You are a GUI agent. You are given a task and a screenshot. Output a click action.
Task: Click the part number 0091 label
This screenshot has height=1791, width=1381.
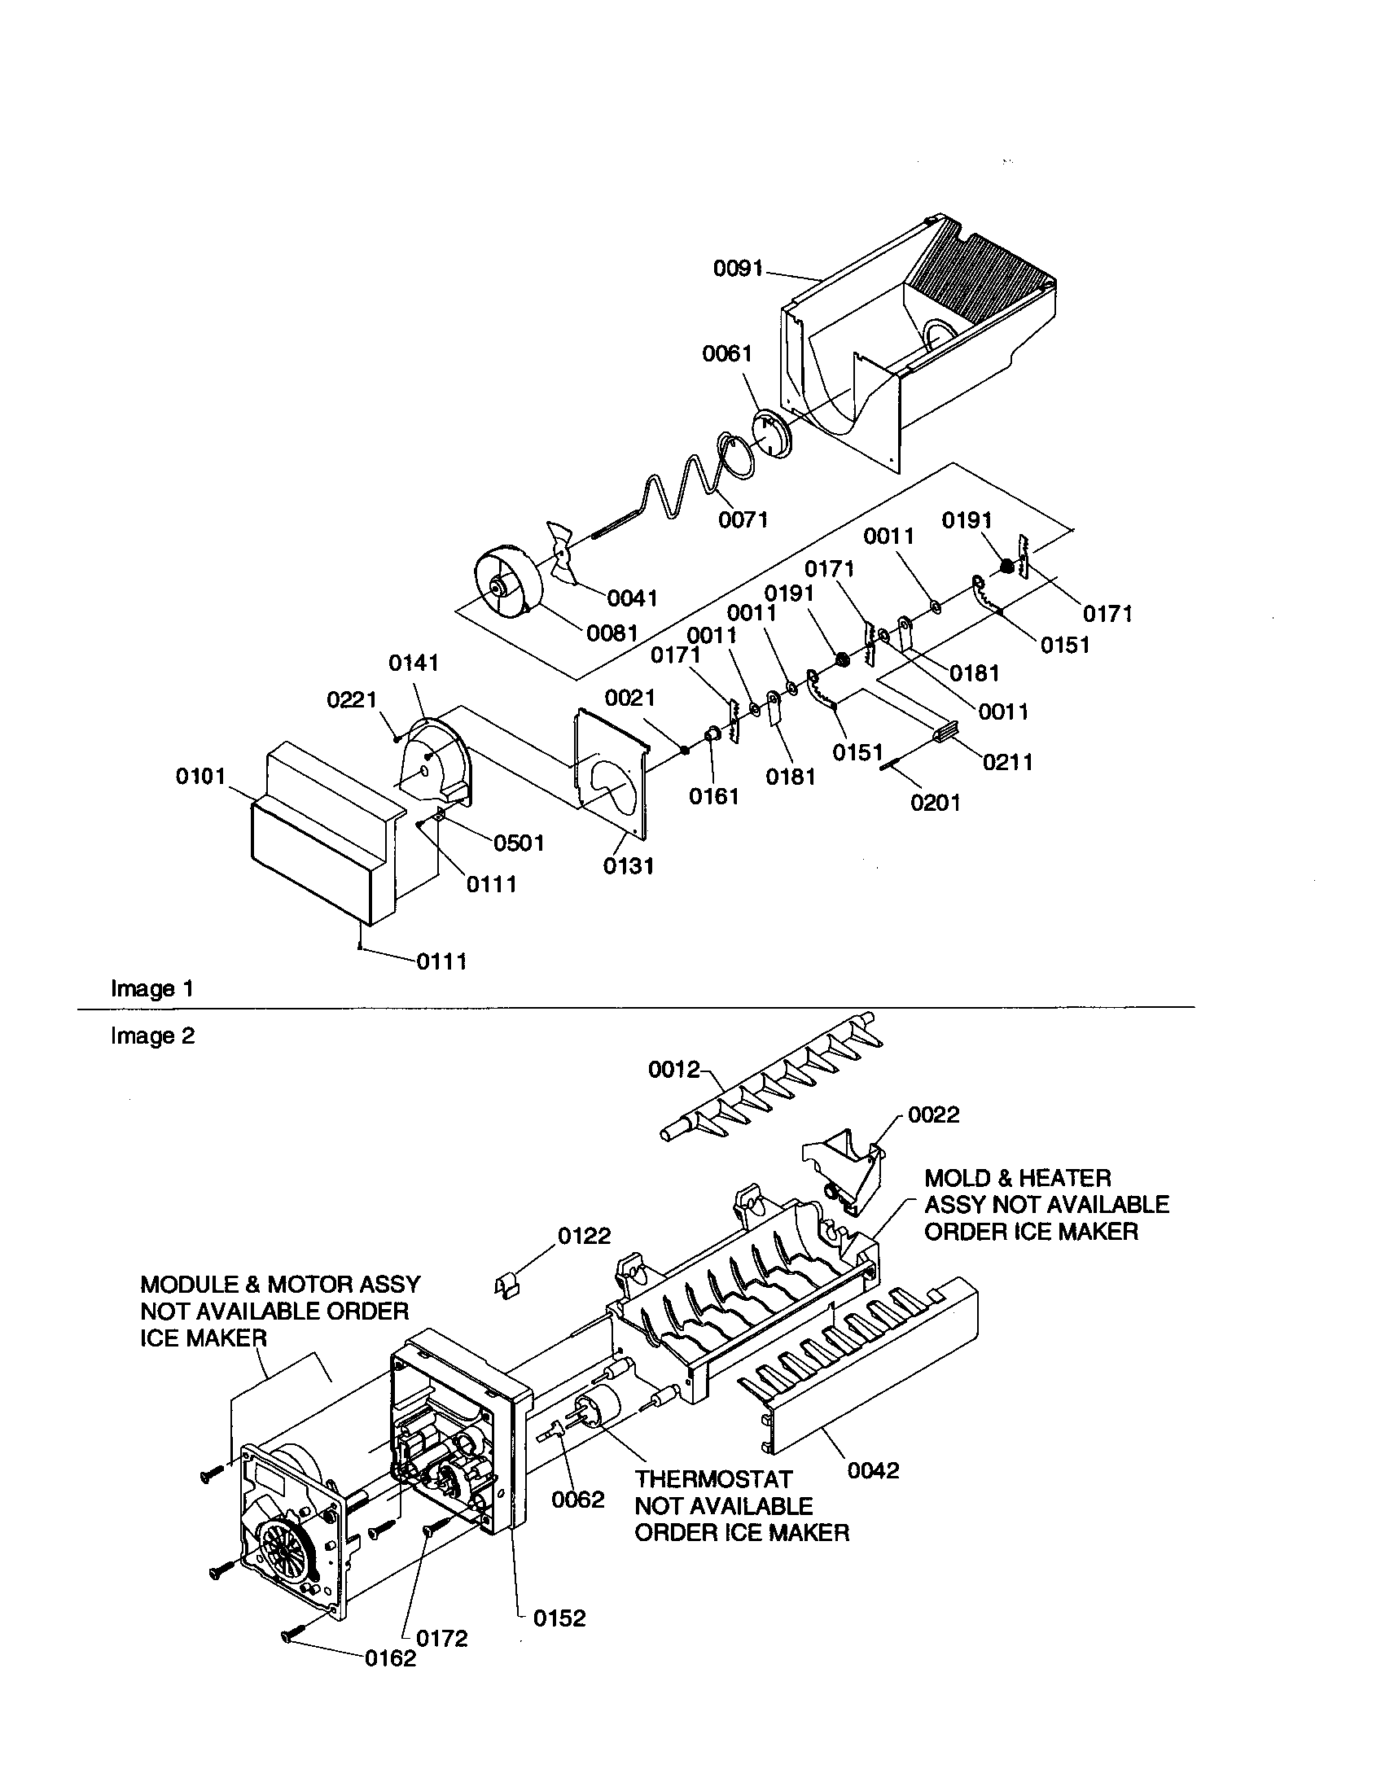[x=738, y=268]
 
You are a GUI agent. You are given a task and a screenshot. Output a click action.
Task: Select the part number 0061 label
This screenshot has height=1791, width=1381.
[x=726, y=353]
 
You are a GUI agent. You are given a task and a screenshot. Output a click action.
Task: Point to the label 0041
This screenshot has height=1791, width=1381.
[x=631, y=598]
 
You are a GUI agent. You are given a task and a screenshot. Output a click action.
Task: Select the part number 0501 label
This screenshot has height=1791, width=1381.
[x=519, y=843]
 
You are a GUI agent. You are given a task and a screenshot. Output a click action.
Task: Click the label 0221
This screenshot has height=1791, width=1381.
[x=351, y=699]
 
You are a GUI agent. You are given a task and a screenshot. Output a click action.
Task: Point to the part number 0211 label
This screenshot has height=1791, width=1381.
[x=1008, y=762]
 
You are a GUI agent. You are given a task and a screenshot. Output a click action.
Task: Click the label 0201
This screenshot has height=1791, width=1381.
[x=935, y=802]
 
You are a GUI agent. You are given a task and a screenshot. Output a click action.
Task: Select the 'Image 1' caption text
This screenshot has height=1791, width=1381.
[x=152, y=989]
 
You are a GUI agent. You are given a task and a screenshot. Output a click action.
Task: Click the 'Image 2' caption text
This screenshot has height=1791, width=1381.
[x=152, y=1036]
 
